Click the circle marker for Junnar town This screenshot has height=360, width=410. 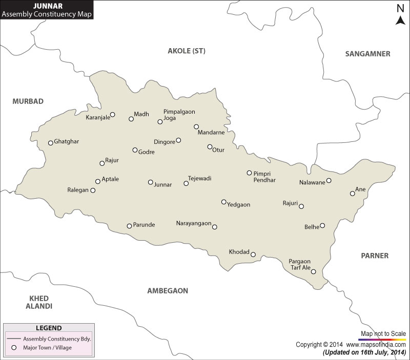[x=150, y=182]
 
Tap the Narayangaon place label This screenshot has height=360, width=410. [x=193, y=224]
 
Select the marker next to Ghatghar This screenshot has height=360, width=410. [x=51, y=143]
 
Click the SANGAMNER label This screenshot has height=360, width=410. [x=367, y=54]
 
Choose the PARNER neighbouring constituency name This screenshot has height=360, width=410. [x=375, y=256]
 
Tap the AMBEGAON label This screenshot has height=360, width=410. [x=168, y=290]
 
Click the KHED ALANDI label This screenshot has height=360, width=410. [x=39, y=302]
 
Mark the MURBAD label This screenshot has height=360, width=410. [x=28, y=101]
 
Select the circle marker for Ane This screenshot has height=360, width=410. [x=352, y=194]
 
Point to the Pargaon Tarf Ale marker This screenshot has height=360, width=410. [x=314, y=272]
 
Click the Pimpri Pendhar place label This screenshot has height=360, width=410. [x=264, y=177]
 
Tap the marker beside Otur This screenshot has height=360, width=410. [x=210, y=147]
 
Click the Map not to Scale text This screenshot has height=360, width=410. [x=383, y=334]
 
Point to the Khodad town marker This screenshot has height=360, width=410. [x=253, y=255]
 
